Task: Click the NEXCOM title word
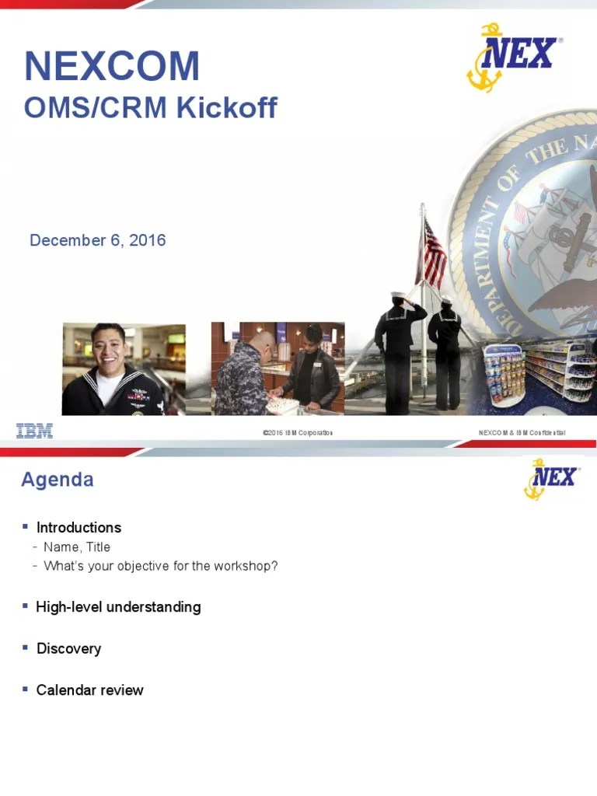tap(112, 67)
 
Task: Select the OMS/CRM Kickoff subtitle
tap(150, 107)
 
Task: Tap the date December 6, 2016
tap(97, 240)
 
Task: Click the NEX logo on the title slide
tap(513, 55)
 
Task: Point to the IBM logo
tap(35, 431)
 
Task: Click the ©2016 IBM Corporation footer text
tap(298, 432)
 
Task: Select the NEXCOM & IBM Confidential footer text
tap(522, 432)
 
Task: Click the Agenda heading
tap(58, 480)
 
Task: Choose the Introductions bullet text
tap(79, 528)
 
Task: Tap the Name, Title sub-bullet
tap(77, 547)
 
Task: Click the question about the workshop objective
tap(161, 566)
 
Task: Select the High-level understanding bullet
tap(118, 607)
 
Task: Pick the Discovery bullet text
tap(68, 648)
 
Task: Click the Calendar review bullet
tap(89, 690)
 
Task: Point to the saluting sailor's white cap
tap(398, 295)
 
